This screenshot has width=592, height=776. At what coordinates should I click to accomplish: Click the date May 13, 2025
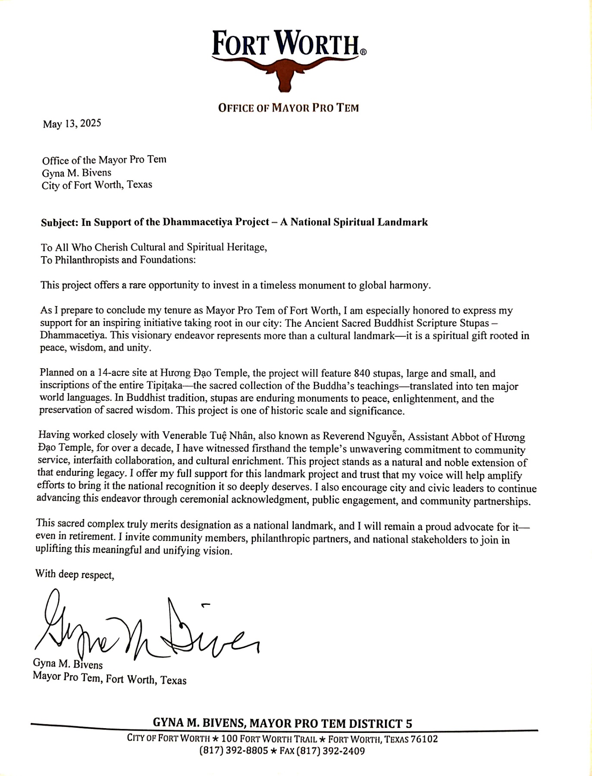[72, 124]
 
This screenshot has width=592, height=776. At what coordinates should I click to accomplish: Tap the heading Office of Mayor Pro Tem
[288, 108]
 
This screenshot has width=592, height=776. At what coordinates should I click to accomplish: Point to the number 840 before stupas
[362, 373]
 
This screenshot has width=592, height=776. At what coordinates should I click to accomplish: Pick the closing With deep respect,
[75, 574]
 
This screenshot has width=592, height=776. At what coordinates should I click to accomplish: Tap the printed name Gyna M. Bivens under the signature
[68, 664]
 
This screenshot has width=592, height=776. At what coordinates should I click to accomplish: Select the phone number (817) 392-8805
[233, 751]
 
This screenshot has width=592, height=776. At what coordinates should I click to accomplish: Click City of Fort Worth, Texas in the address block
[97, 185]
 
